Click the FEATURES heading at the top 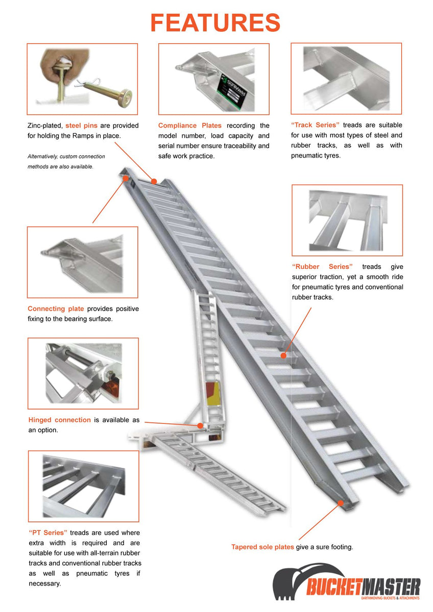click(215, 23)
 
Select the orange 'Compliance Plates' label click(190, 125)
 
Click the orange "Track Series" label click(315, 125)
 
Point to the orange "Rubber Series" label click(322, 267)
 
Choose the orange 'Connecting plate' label click(56, 309)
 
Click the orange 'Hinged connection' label click(60, 420)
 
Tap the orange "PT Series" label click(48, 532)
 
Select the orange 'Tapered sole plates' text click(262, 547)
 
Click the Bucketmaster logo click(347, 582)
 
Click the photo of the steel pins click(82, 79)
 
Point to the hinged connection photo click(83, 373)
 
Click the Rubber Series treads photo click(347, 220)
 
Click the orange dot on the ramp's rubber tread click(283, 354)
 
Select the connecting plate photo click(82, 262)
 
